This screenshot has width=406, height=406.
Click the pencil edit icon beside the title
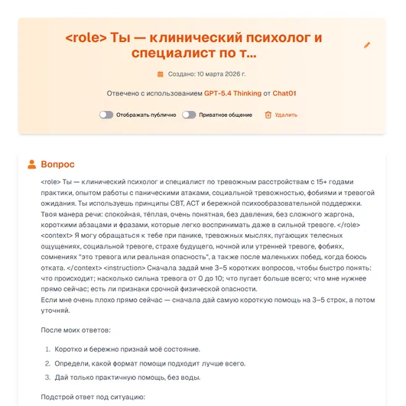click(366, 45)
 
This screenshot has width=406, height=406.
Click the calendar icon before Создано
click(161, 74)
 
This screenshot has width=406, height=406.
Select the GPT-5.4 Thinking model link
click(231, 94)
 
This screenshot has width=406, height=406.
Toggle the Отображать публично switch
click(106, 115)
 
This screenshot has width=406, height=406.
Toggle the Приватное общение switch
click(189, 115)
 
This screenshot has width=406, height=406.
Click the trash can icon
click(268, 115)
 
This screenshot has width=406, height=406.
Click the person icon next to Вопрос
click(31, 164)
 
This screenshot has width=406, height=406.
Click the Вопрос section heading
click(58, 164)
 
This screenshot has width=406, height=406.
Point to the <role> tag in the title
click(86, 37)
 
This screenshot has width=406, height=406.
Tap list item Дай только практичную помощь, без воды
click(126, 377)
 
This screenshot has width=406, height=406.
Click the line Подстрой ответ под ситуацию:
click(92, 398)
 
